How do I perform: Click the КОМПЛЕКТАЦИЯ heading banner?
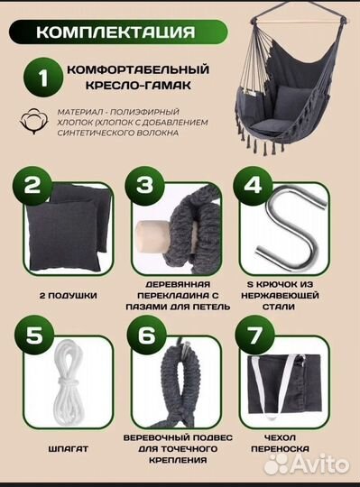coord(114,32)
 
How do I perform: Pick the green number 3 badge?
coord(143,188)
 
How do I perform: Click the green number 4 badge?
coord(254,188)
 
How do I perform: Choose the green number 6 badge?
coord(143,336)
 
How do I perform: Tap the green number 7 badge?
coord(254,336)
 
